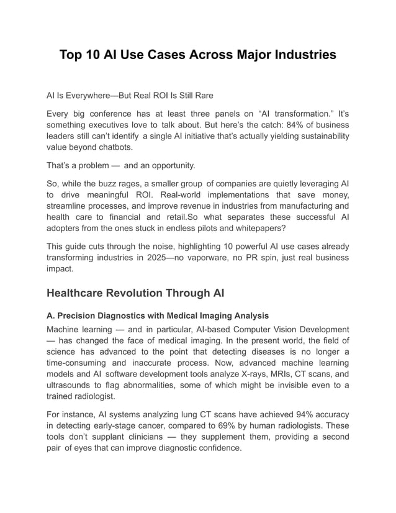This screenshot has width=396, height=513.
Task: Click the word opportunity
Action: coord(169,166)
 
